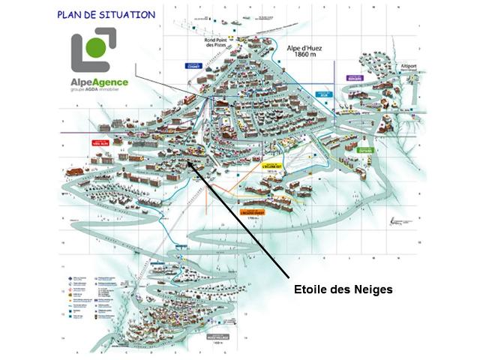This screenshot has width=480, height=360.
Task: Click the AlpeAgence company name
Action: click(x=100, y=83)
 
